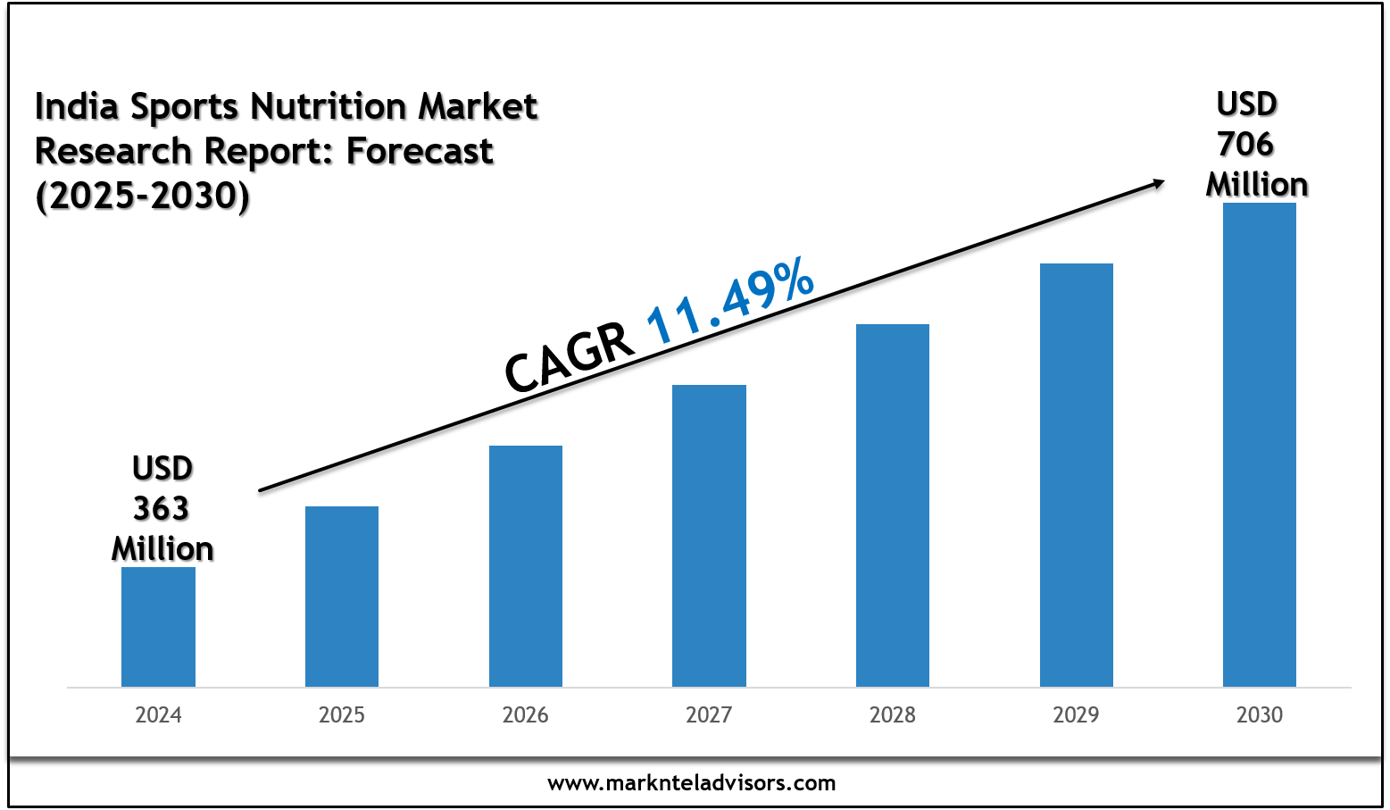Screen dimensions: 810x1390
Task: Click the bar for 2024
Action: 158,627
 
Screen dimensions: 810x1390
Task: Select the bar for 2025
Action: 342,597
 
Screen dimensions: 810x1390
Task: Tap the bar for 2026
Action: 526,566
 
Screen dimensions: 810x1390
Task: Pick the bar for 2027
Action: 709,536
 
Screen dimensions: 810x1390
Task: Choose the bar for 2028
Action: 893,505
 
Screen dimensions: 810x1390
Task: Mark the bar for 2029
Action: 1077,475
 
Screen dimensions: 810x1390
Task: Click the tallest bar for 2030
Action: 1260,445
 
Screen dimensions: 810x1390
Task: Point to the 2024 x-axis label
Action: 158,715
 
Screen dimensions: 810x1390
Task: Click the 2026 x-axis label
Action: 526,715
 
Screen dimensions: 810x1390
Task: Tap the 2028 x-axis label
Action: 893,715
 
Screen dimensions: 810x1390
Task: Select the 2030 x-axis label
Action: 1260,715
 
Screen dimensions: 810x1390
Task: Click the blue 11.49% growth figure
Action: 729,300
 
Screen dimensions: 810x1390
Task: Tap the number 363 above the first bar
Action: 162,509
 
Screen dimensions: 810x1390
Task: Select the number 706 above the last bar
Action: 1246,145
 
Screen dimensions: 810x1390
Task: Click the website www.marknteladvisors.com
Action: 692,783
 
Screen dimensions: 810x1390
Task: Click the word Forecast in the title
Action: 420,152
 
